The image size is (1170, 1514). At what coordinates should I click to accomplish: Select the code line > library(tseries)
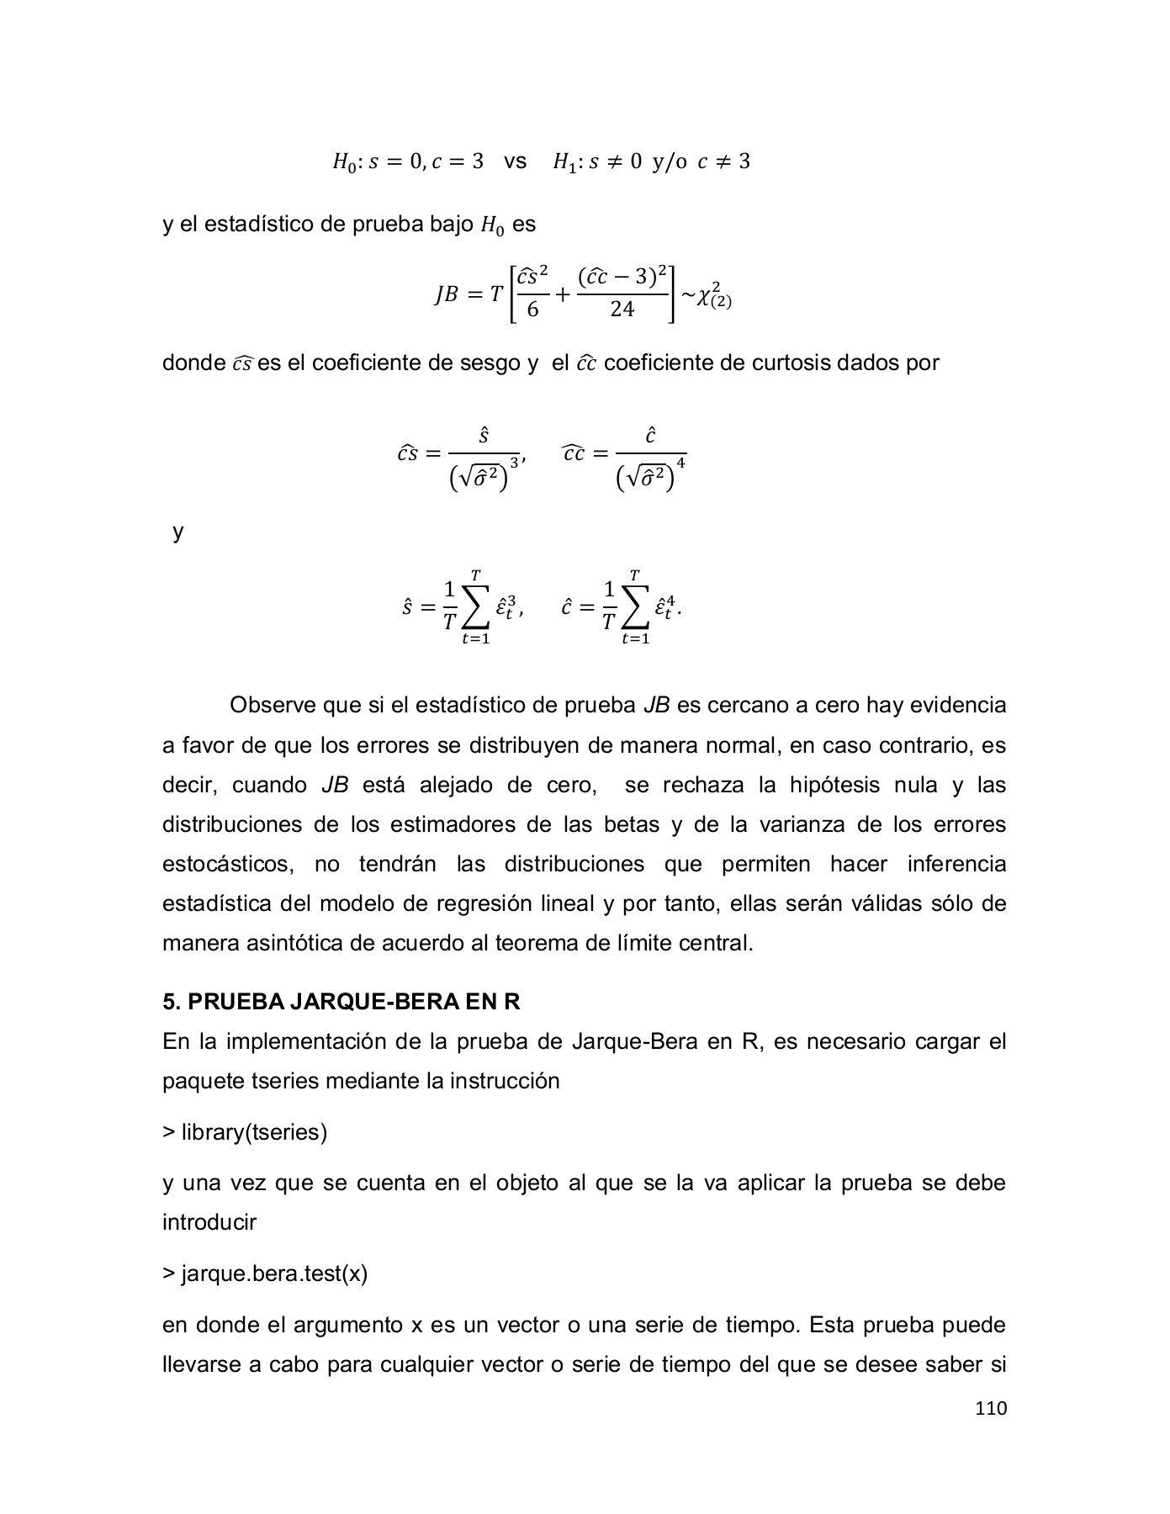[245, 1132]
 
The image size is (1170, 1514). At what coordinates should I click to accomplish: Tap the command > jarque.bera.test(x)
[265, 1273]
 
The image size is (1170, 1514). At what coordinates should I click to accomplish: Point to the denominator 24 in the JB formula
[622, 310]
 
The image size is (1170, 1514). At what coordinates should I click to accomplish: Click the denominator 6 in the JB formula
[532, 310]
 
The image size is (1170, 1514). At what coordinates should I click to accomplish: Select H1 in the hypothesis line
[563, 161]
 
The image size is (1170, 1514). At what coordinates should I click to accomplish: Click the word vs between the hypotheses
[515, 161]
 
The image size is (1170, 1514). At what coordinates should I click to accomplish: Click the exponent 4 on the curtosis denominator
[680, 463]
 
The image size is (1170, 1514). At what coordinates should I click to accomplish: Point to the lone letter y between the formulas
[177, 532]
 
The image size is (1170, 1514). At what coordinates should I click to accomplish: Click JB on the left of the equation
[446, 295]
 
